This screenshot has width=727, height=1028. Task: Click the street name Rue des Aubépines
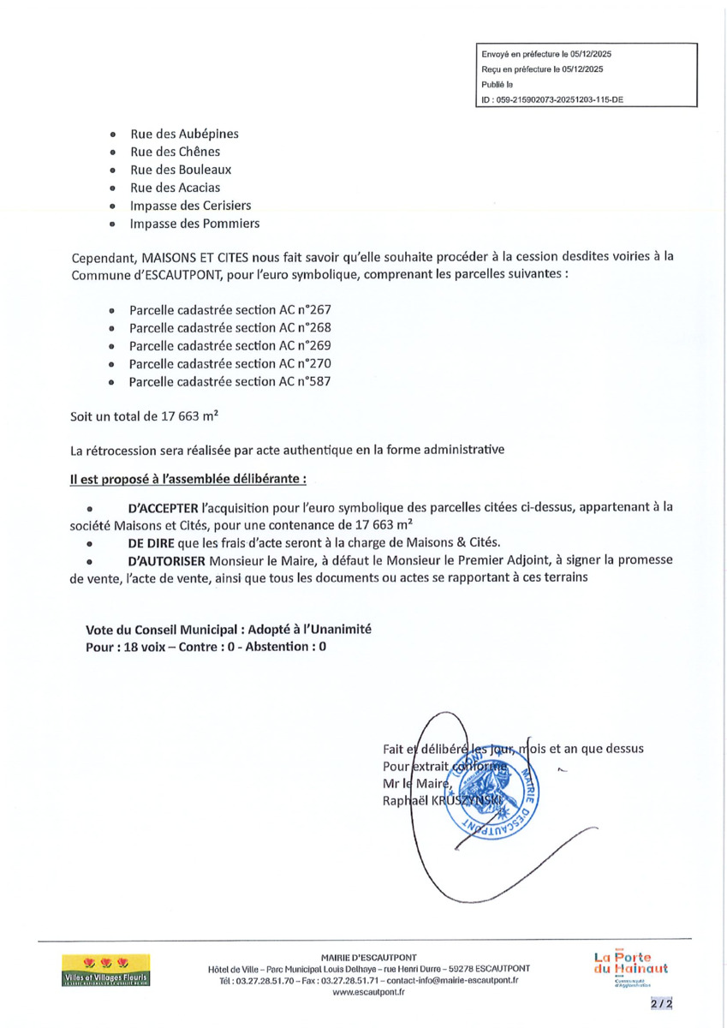tap(184, 134)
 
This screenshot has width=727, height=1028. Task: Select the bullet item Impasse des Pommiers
tap(194, 224)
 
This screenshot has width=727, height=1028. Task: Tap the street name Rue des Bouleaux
tap(181, 170)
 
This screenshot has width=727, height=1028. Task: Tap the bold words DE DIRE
tap(151, 542)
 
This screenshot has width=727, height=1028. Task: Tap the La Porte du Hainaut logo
tap(631, 965)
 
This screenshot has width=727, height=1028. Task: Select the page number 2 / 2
tap(661, 1002)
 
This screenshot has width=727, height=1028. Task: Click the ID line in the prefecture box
tap(552, 99)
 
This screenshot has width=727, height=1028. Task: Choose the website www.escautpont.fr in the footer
tap(368, 991)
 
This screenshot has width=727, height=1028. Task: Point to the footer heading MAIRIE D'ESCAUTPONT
tap(368, 957)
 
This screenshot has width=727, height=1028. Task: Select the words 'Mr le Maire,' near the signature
tap(417, 783)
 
